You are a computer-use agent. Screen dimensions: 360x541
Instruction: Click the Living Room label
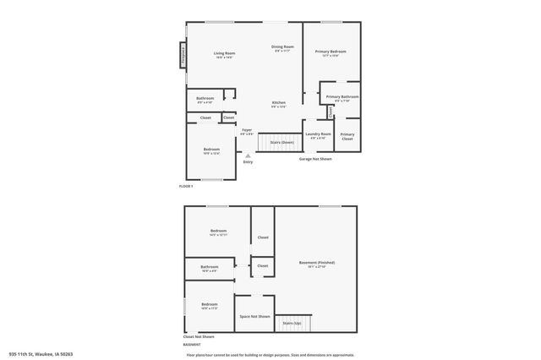click(x=224, y=55)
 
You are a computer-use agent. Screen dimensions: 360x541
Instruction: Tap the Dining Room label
click(x=282, y=48)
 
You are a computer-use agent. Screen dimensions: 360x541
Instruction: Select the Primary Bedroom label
click(x=331, y=53)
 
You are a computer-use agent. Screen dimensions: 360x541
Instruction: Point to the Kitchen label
click(x=278, y=104)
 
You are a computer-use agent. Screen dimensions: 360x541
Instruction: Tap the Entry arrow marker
click(x=248, y=156)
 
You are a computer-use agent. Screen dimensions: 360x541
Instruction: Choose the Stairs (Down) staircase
click(x=281, y=142)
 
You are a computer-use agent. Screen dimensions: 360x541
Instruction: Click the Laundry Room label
click(x=319, y=135)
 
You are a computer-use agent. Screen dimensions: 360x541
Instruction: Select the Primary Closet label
click(x=347, y=136)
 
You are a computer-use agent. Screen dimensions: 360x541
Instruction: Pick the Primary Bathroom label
click(x=342, y=98)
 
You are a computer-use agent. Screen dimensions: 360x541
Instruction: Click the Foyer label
click(x=247, y=131)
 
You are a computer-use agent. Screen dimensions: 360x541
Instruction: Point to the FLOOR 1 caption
click(x=186, y=186)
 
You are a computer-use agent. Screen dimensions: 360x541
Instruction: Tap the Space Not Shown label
click(x=254, y=316)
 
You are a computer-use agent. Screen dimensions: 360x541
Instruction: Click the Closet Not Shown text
click(x=199, y=336)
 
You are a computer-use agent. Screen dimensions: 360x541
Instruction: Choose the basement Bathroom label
click(x=210, y=269)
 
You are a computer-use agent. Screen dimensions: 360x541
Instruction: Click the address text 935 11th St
click(x=41, y=354)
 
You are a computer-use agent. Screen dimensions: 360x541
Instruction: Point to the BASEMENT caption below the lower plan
click(x=192, y=345)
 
